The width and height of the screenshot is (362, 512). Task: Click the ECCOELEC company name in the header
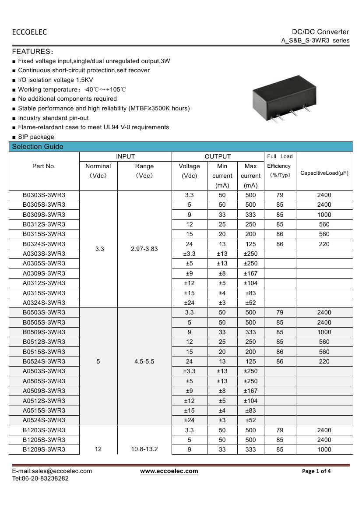click(29, 32)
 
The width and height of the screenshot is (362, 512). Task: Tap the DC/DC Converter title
click(320, 32)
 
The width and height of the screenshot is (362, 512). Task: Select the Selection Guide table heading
click(38, 147)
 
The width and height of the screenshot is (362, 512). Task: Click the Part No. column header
click(44, 166)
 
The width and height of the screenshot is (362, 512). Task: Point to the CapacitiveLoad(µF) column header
click(324, 173)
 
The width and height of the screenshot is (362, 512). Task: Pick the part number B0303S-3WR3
click(44, 195)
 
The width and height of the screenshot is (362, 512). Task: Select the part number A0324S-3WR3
click(44, 303)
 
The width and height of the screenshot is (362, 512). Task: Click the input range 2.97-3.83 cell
click(144, 249)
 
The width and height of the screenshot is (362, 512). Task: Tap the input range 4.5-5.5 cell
click(144, 361)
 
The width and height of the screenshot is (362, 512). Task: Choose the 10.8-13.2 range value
click(144, 449)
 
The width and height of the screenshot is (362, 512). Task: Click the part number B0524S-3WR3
click(44, 361)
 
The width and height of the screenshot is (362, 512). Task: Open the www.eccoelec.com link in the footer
click(169, 471)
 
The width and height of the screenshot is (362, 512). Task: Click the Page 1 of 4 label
click(316, 471)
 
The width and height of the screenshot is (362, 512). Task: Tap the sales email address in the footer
click(52, 471)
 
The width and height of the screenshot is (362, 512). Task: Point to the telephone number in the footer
click(40, 478)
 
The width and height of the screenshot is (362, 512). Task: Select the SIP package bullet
click(36, 137)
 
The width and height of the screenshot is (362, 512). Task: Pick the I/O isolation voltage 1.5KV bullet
click(55, 80)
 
